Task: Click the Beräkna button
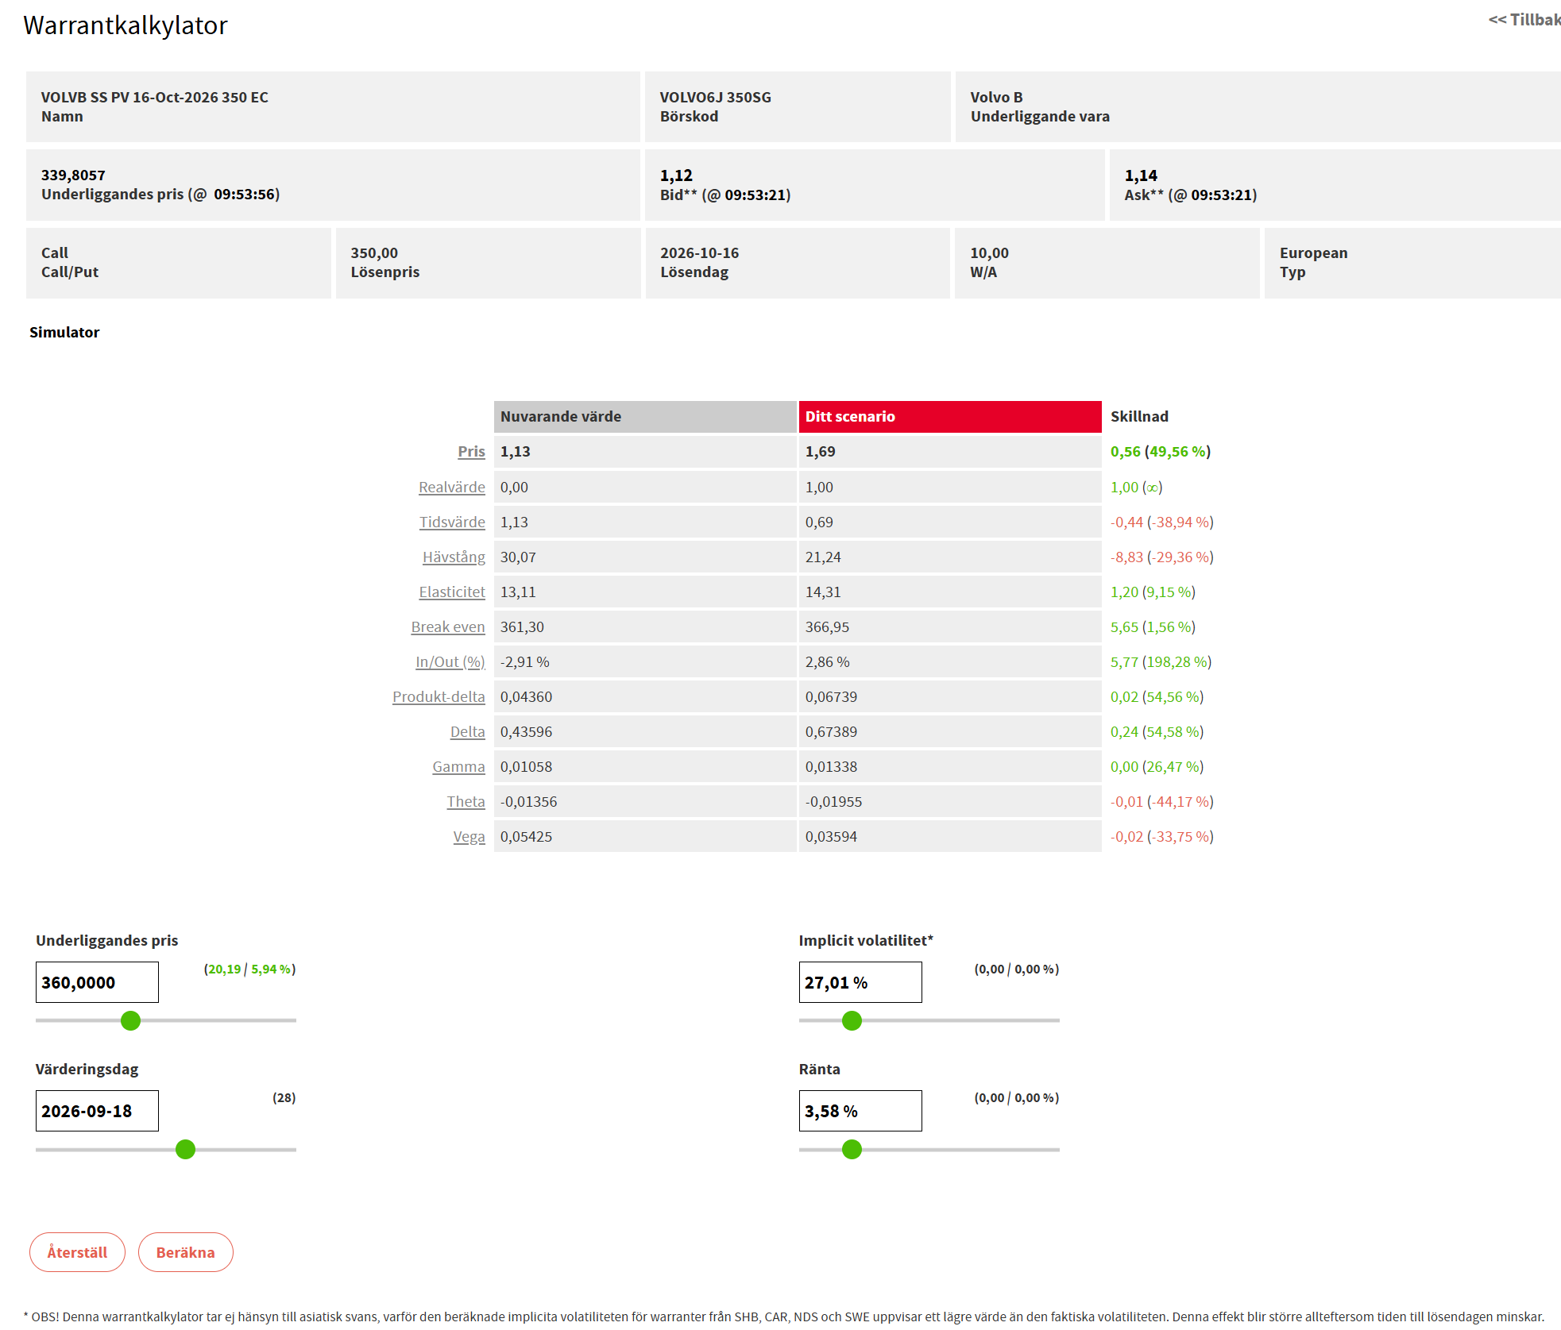pos(185,1252)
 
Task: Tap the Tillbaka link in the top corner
pos(1524,20)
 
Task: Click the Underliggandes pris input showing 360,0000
pos(97,982)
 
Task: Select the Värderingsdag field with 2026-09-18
pos(97,1111)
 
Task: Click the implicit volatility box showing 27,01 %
pos(860,982)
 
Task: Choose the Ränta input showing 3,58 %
pos(860,1111)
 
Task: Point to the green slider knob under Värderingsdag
pos(185,1149)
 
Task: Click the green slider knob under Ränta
pos(852,1149)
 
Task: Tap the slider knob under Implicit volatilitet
pos(852,1020)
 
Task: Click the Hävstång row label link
pos(454,557)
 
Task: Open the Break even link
pos(448,626)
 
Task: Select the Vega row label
pos(469,836)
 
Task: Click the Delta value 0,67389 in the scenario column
pos(831,731)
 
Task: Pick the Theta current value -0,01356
pos(528,801)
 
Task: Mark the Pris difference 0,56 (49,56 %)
pos(1161,451)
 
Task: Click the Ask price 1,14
pos(1141,175)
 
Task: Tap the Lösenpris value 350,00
pos(374,253)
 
